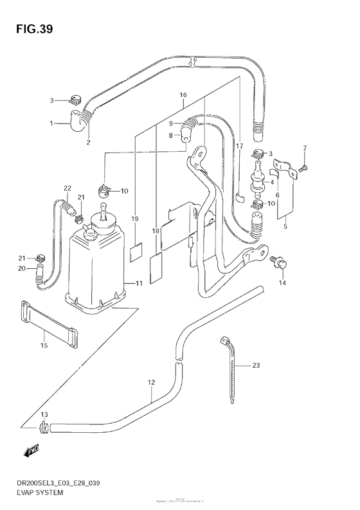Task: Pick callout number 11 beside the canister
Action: tap(139, 283)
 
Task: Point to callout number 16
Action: tap(183, 95)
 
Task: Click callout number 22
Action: tap(67, 188)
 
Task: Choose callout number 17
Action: tap(239, 146)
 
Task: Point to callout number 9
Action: tap(172, 123)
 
